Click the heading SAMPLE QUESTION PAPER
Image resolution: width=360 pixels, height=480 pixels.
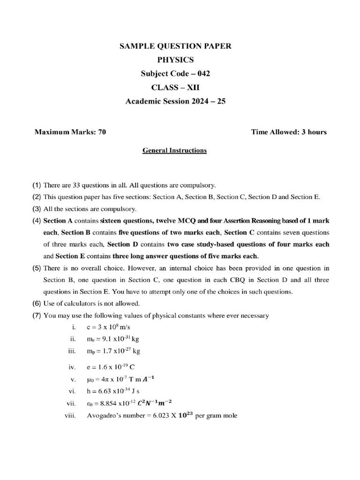(175, 46)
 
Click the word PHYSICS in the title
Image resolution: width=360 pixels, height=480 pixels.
(175, 60)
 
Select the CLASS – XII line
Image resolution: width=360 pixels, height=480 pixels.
(175, 87)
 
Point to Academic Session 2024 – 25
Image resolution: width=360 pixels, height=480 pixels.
(175, 101)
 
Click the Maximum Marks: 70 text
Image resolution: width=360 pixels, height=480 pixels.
(70, 132)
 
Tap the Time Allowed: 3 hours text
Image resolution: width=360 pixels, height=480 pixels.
(289, 132)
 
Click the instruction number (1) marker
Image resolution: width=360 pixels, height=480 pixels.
(37, 185)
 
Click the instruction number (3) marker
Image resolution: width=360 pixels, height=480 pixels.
(37, 209)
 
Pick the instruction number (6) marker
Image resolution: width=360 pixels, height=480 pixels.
(37, 303)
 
